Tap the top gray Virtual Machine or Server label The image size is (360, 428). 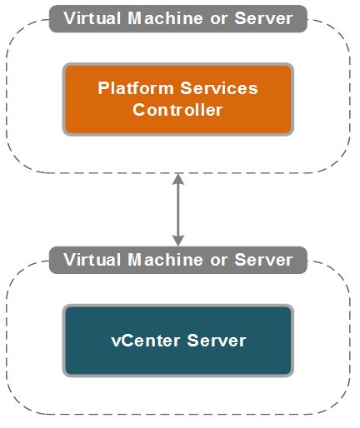coord(177,18)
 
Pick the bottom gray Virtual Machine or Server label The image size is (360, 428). coord(177,260)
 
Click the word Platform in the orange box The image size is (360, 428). coord(129,88)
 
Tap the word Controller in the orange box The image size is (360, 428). coord(177,109)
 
